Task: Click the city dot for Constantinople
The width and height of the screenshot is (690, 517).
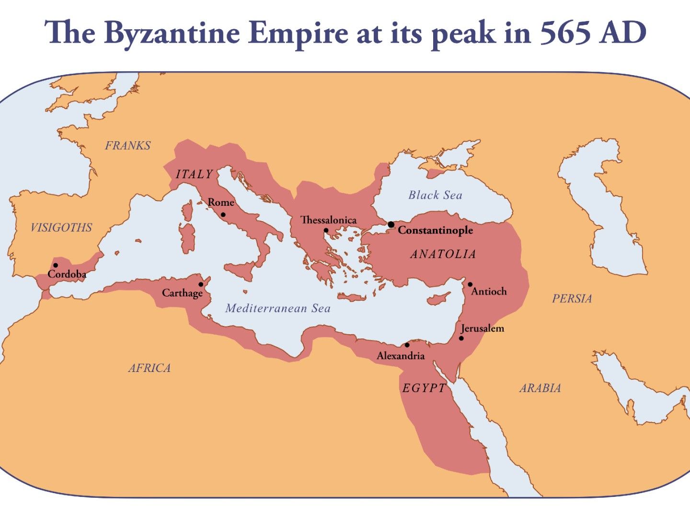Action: click(x=391, y=225)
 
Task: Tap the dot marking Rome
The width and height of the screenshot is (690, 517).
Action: click(x=223, y=214)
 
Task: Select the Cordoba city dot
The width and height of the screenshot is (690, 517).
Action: click(x=56, y=265)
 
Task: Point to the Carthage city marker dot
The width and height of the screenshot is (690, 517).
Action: click(x=201, y=284)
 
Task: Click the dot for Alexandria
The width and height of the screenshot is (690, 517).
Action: click(x=407, y=345)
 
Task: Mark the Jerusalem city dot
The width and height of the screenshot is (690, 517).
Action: click(x=461, y=338)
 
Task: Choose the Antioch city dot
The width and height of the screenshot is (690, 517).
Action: click(x=470, y=284)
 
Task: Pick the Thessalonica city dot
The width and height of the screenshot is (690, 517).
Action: click(x=326, y=230)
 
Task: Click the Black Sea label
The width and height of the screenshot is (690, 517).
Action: click(x=435, y=195)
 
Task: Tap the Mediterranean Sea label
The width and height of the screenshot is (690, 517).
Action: click(x=278, y=308)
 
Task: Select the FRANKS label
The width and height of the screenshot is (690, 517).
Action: click(x=127, y=146)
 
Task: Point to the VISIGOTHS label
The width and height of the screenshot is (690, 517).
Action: click(x=61, y=227)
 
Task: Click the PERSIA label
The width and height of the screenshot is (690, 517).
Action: click(x=572, y=299)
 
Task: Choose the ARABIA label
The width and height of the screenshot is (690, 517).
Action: click(x=540, y=388)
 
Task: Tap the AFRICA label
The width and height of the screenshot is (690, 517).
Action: click(x=149, y=368)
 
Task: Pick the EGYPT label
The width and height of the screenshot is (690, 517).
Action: click(x=424, y=388)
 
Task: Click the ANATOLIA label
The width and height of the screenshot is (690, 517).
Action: click(x=443, y=254)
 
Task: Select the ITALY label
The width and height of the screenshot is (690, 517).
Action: click(x=194, y=174)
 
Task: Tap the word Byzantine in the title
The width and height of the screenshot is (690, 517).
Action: click(x=172, y=34)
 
